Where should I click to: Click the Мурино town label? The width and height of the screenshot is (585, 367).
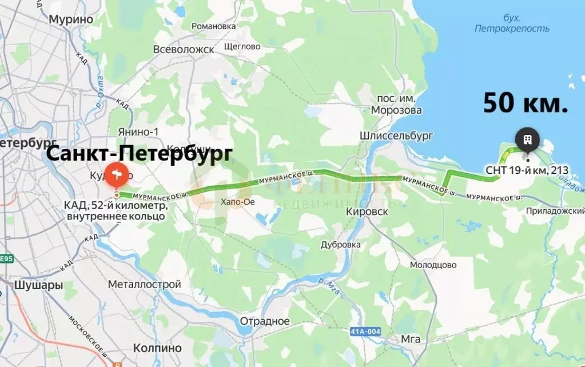[71, 19]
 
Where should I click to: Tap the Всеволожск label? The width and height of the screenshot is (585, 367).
[184, 50]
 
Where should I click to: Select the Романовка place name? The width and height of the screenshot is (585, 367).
[214, 26]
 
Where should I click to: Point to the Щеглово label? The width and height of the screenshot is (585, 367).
[242, 46]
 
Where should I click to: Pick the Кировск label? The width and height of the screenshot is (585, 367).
[368, 212]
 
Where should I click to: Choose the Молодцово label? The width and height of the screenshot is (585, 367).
[433, 265]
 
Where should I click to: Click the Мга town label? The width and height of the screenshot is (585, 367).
[411, 339]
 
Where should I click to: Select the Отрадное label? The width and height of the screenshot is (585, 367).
[265, 321]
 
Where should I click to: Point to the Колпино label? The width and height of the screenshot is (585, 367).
[157, 348]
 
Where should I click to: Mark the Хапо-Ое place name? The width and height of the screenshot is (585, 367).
[237, 202]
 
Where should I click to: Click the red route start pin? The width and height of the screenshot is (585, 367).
[116, 175]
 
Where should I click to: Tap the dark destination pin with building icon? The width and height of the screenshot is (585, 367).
[527, 139]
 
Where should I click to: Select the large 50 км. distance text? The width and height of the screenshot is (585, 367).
[526, 103]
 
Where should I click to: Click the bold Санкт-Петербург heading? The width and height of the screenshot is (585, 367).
[139, 154]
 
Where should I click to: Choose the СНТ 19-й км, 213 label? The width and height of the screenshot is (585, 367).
[527, 170]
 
